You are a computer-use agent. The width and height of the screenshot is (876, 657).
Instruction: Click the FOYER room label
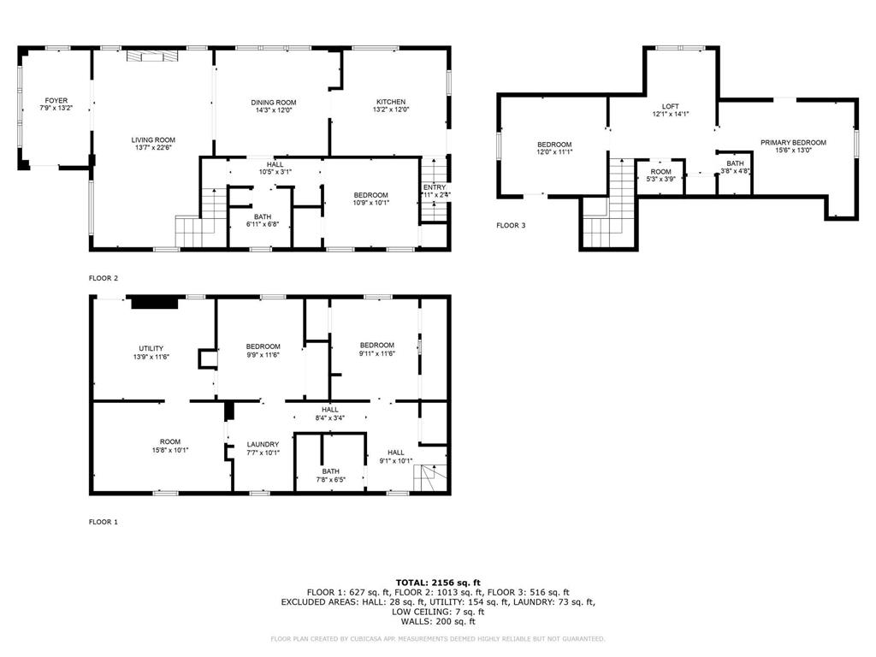coord(57,100)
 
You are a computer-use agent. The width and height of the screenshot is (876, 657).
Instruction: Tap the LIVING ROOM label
coord(153,139)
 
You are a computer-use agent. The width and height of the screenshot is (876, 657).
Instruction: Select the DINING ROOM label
coord(274,102)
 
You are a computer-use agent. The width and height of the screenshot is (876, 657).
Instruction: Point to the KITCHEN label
coord(391,102)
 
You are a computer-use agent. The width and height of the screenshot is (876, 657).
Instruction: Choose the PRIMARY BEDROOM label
coord(793,142)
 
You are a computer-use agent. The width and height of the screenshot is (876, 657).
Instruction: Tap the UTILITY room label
coord(151,348)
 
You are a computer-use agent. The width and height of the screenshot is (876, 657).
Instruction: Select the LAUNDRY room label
coord(263,444)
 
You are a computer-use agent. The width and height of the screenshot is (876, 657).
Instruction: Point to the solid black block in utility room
coord(154,301)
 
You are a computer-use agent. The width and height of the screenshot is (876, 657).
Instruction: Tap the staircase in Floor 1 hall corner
coord(430,480)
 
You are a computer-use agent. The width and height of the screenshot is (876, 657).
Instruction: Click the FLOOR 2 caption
coord(104,278)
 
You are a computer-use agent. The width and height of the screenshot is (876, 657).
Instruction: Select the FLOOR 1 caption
coord(104,521)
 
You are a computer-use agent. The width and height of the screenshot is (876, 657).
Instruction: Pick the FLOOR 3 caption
coord(512,226)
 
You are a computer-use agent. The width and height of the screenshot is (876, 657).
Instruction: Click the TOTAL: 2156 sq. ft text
coord(437,582)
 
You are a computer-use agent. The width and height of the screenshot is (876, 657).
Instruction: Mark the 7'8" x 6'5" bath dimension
coord(330,480)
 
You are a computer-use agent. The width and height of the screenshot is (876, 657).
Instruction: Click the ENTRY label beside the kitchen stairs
coord(434,187)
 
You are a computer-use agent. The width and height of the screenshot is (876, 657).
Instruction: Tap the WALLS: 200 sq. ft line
coord(437,622)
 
